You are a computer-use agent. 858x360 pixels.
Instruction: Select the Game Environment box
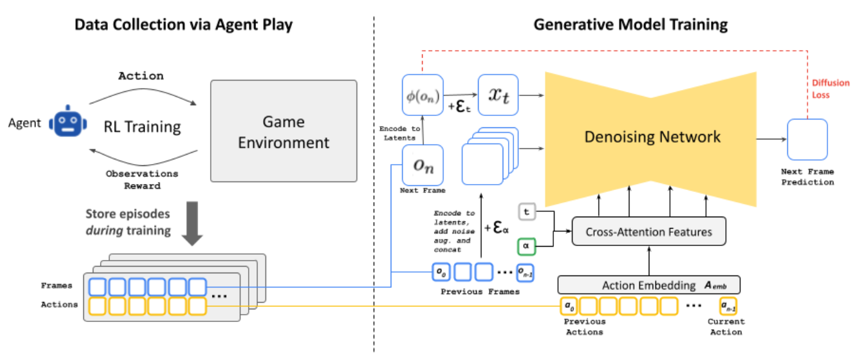pyautogui.click(x=284, y=131)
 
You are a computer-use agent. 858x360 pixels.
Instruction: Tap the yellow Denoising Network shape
pyautogui.click(x=652, y=137)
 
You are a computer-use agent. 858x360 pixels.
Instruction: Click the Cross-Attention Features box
pyautogui.click(x=649, y=232)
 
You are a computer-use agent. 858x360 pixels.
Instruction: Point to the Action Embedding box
pyautogui.click(x=649, y=285)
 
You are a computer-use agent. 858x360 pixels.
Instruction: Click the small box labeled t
pyautogui.click(x=527, y=213)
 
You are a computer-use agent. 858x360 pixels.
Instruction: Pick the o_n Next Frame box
pyautogui.click(x=422, y=164)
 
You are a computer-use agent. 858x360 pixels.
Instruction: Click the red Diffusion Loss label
pyautogui.click(x=830, y=89)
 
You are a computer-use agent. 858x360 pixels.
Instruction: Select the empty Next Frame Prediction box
pyautogui.click(x=807, y=139)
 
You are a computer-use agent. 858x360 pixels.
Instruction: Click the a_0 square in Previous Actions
pyautogui.click(x=569, y=307)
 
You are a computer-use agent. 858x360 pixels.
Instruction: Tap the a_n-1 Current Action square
pyautogui.click(x=728, y=307)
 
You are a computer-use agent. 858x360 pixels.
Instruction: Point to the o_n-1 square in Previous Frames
pyautogui.click(x=526, y=271)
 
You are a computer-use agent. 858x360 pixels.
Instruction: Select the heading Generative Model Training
pyautogui.click(x=630, y=25)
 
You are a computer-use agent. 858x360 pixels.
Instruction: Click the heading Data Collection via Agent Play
pyautogui.click(x=184, y=25)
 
